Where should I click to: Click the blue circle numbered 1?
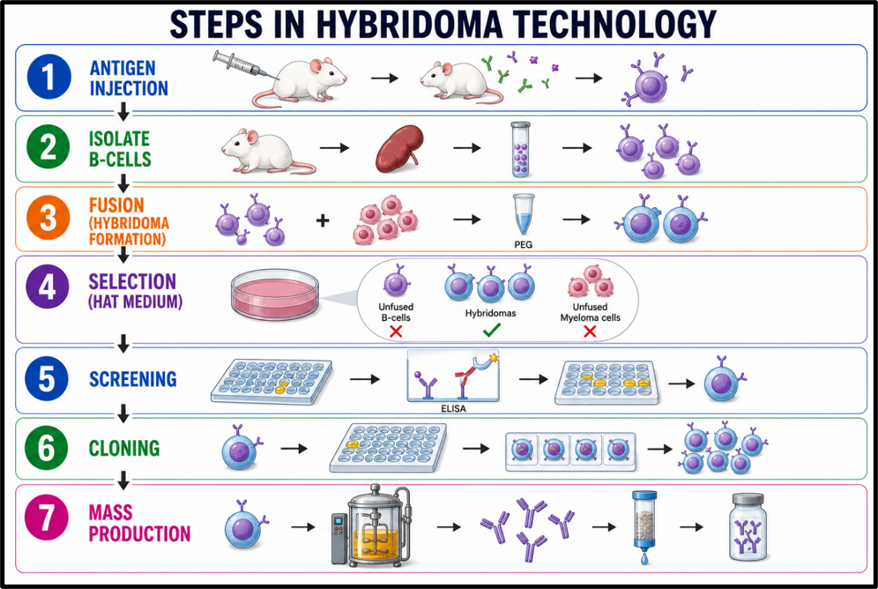tap(49, 77)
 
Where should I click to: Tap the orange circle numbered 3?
tap(48, 217)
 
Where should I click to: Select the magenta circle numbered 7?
tap(47, 518)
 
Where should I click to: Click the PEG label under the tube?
tap(523, 244)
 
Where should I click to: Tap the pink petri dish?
tap(274, 294)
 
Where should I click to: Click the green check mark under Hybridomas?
tap(491, 331)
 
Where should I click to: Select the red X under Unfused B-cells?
tap(396, 332)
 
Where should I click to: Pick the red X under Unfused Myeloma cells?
tap(590, 332)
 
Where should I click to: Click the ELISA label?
tap(453, 409)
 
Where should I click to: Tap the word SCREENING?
tap(133, 379)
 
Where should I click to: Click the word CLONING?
tap(124, 448)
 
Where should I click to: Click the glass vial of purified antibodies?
tap(748, 526)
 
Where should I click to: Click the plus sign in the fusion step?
tap(322, 220)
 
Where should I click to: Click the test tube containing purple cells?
tap(520, 149)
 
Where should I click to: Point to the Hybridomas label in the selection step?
tap(490, 313)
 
